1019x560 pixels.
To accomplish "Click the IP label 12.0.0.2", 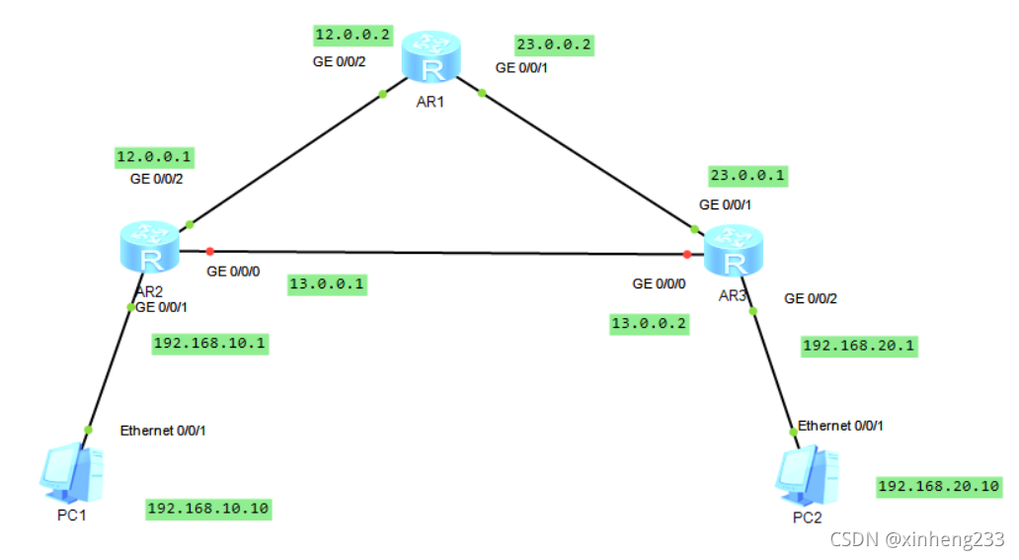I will (353, 36).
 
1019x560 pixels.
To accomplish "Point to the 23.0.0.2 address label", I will (553, 44).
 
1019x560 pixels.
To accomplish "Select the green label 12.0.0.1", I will (155, 156).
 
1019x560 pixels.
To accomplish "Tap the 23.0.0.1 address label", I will (748, 176).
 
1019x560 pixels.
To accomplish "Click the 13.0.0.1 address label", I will (328, 284).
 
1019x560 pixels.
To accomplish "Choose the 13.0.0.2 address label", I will (650, 323).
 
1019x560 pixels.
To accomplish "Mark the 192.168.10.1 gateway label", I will (210, 344).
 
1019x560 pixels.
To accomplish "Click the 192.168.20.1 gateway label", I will (859, 346).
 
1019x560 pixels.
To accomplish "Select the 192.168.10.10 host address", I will (207, 509).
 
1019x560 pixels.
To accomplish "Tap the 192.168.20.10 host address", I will (939, 486).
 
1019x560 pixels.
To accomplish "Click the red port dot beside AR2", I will (209, 251).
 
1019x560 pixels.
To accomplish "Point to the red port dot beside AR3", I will (686, 254).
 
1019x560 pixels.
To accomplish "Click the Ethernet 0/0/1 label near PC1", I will (163, 431).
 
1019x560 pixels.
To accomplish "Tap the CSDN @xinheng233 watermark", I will (917, 539).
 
